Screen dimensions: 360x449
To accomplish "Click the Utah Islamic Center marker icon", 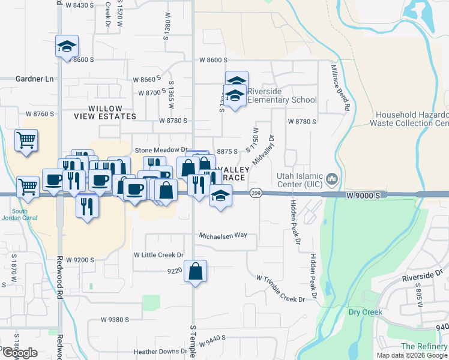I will [x=332, y=179].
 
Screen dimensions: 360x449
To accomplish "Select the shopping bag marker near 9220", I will [x=196, y=271].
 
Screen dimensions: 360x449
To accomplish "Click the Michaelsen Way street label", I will [x=223, y=235].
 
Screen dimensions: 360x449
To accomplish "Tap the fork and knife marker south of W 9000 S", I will [x=88, y=206].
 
